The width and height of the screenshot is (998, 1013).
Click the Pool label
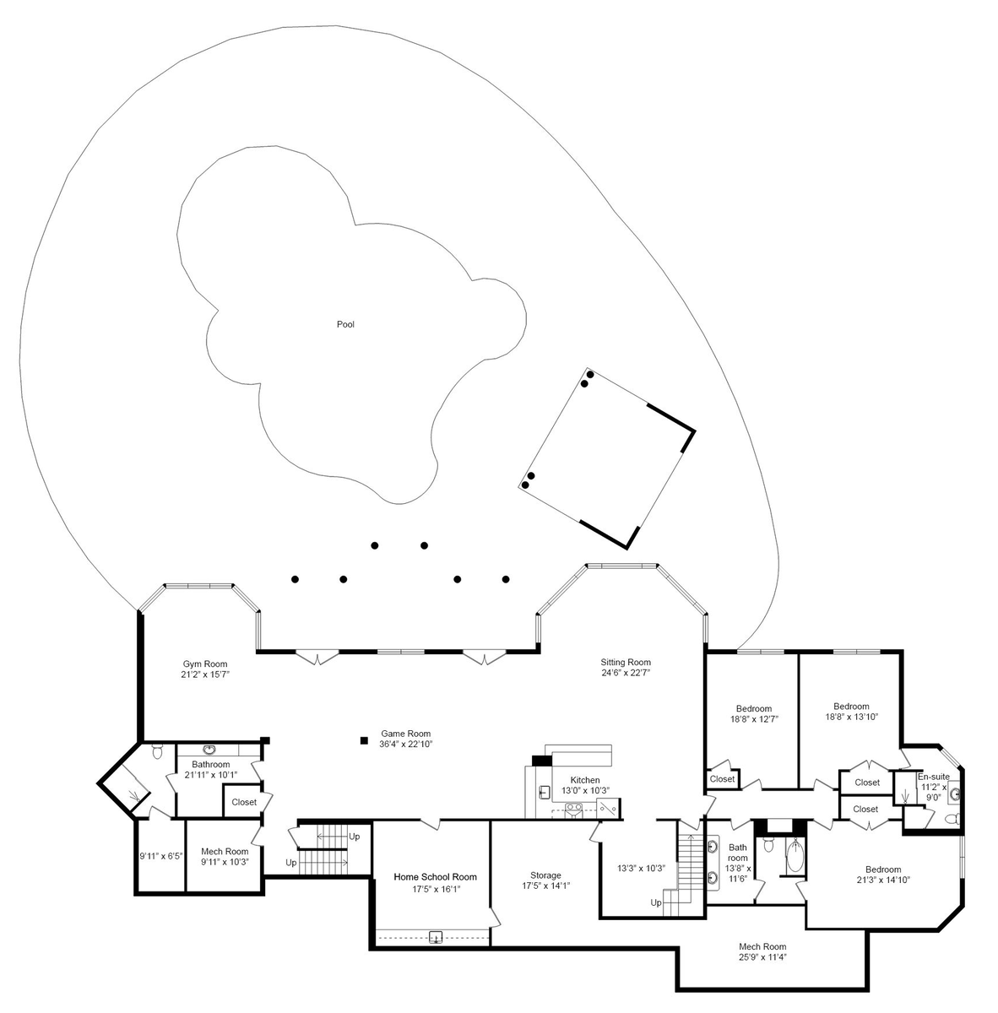(345, 324)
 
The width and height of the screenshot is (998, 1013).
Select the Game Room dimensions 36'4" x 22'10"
(406, 744)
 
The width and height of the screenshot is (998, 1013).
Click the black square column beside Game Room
(364, 740)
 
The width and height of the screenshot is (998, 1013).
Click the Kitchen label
(585, 780)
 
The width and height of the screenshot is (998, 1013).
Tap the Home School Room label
(436, 877)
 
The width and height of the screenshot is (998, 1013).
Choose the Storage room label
(545, 875)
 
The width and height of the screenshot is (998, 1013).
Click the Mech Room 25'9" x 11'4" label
(762, 951)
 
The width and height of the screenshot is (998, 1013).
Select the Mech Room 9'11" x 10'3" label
(225, 856)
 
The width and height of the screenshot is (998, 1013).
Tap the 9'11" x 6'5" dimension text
(161, 856)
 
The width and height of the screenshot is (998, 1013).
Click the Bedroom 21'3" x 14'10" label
(883, 875)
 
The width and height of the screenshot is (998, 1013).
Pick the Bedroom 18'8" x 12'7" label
(754, 713)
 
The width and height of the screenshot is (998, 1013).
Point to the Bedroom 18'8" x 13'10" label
(851, 712)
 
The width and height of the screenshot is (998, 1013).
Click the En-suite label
(934, 777)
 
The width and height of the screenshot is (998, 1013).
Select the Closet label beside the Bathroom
(244, 802)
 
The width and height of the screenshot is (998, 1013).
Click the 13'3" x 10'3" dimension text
(642, 869)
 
